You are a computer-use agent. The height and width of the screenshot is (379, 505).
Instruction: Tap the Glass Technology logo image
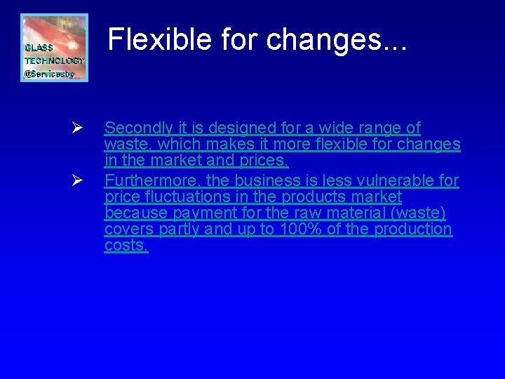click(54, 48)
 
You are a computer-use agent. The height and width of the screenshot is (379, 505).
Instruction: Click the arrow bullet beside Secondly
click(79, 128)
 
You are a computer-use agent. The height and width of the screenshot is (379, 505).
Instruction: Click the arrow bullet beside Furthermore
click(79, 181)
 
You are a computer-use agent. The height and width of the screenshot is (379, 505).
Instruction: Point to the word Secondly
click(138, 128)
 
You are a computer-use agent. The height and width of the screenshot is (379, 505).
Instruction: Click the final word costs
click(126, 245)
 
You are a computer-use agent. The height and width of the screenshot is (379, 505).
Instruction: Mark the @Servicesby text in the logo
click(49, 73)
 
